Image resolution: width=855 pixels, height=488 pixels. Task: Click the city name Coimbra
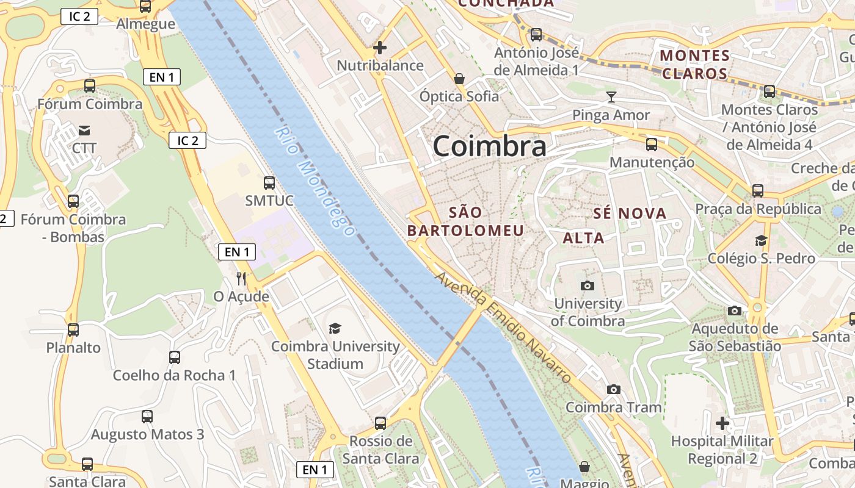pos(489,146)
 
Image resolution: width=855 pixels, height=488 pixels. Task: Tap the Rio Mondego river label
pos(314,181)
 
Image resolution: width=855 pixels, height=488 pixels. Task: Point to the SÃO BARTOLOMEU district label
pos(465,221)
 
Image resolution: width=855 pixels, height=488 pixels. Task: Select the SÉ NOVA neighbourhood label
pos(630,213)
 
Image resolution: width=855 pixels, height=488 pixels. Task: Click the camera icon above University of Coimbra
pos(587,285)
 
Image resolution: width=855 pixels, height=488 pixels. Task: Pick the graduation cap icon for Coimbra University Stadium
pos(335,329)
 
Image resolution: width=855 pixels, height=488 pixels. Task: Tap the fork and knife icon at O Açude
pos(241,279)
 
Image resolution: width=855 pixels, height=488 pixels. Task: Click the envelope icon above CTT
pos(84,130)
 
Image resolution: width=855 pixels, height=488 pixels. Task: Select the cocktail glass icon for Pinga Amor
pos(611,96)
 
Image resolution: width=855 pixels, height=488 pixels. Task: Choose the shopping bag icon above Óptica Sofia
pos(459,78)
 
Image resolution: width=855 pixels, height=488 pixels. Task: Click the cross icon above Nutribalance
pos(380,47)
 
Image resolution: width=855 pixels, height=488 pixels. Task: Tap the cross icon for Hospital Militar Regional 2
pos(722,423)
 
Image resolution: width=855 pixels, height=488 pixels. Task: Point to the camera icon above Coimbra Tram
pos(613,389)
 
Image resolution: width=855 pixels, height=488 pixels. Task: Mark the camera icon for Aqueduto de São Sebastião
pos(735,310)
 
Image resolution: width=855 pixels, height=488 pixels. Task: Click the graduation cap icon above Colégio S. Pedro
pos(761,240)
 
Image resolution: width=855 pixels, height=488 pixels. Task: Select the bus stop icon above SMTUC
pos(269,182)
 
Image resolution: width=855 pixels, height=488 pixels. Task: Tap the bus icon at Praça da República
pos(757,190)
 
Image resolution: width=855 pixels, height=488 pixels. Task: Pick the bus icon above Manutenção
pos(652,145)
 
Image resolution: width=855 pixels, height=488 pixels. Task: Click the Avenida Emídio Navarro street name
pos(504,328)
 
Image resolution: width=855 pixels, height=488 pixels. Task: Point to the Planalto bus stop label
pos(73,348)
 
